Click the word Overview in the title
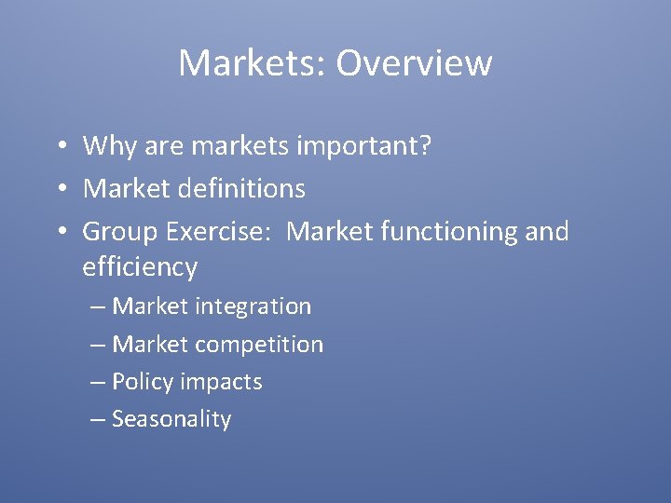pyautogui.click(x=414, y=63)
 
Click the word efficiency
pyautogui.click(x=140, y=268)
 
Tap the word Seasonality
pyautogui.click(x=171, y=419)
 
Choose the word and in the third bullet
pyautogui.click(x=546, y=231)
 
